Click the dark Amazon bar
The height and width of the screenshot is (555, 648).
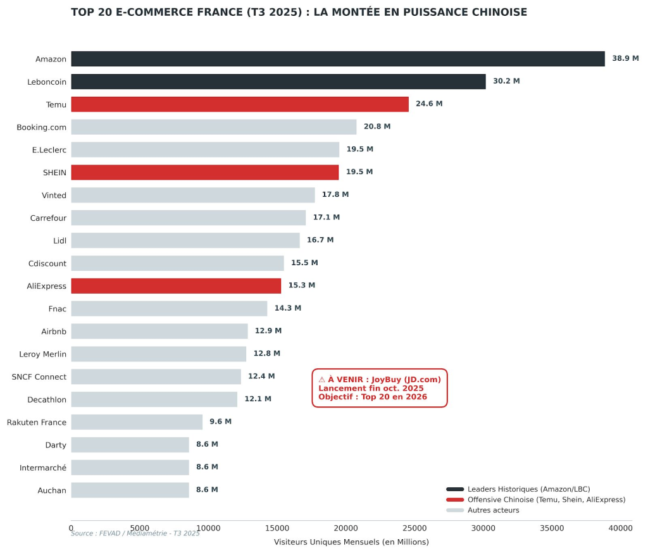[x=337, y=59]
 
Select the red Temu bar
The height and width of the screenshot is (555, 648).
[x=239, y=104]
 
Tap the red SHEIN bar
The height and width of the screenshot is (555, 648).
[x=204, y=172]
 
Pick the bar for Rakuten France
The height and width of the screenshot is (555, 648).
[x=137, y=422]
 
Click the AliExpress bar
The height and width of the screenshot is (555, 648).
[x=176, y=286]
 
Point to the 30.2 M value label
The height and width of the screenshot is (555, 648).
[x=506, y=82]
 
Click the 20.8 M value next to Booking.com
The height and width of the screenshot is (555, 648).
[x=377, y=127]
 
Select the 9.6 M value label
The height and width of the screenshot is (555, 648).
[x=220, y=422]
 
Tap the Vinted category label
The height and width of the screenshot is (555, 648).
[x=54, y=196]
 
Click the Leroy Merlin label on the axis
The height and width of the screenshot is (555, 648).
[x=42, y=354]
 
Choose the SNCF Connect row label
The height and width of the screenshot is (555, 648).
[x=39, y=377]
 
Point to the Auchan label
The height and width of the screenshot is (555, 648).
[x=51, y=490]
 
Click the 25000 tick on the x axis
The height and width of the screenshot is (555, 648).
[x=414, y=528]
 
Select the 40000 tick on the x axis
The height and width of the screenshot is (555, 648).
[x=620, y=528]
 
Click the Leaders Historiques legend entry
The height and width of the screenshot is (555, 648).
[x=528, y=489]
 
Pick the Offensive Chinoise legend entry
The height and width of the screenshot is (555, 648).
[x=545, y=500]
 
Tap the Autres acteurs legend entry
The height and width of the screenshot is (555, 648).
[x=493, y=510]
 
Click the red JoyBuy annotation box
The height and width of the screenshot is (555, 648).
[x=380, y=388]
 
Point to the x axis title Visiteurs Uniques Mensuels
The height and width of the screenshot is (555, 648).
[x=351, y=542]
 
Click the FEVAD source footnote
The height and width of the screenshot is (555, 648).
[x=135, y=534]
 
